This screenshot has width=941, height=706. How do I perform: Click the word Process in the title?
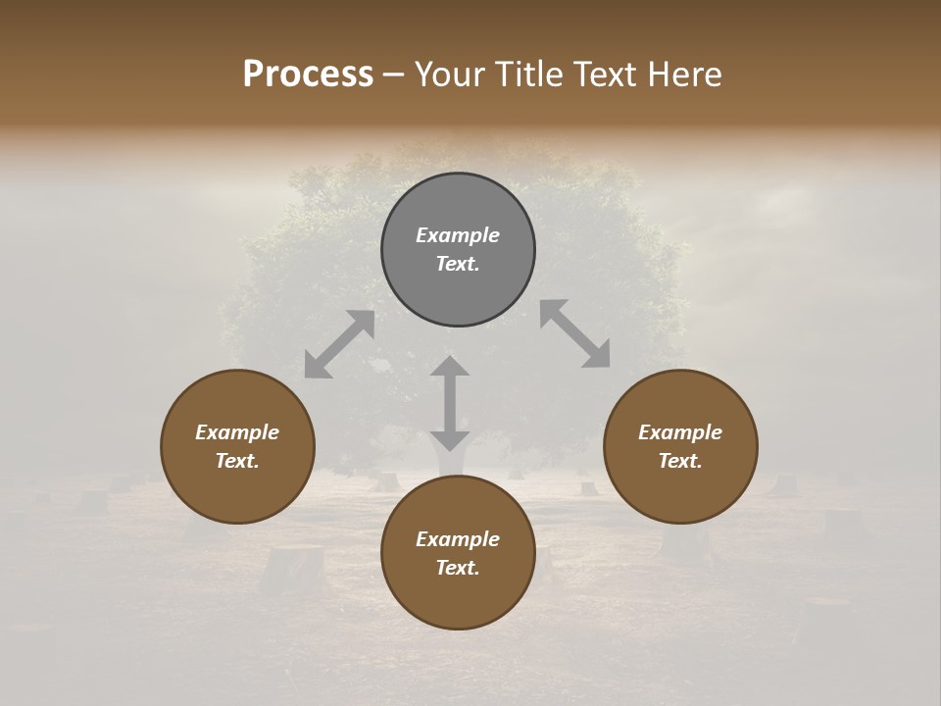308,75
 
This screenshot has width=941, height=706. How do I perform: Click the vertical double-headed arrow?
450,403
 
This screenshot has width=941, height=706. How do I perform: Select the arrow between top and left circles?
339,344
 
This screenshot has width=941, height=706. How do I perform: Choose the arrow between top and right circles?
574,333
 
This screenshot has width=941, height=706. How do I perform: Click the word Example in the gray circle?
458,235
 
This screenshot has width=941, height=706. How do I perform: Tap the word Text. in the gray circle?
458,264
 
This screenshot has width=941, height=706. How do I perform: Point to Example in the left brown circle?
237,432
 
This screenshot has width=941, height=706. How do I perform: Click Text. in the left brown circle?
237,461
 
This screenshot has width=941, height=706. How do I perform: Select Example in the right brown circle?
680,432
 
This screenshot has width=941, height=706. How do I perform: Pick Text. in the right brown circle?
680,461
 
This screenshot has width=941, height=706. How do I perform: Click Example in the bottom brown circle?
458,539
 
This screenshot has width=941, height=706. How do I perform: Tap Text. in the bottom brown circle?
458,568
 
